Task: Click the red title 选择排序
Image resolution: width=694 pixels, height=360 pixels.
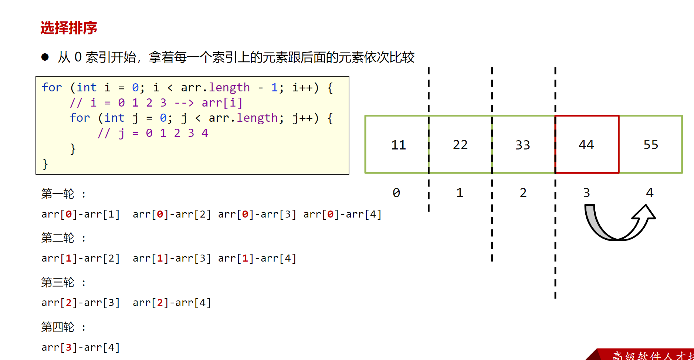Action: point(68,28)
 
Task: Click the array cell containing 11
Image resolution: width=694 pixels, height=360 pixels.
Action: point(398,145)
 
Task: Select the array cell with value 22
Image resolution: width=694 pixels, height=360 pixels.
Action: point(460,145)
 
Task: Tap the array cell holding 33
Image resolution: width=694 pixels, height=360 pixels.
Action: point(523,145)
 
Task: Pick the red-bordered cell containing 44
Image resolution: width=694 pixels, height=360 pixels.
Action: point(586,145)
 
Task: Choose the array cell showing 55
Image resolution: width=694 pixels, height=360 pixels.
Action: point(651,145)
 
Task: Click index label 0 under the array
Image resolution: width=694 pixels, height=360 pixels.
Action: point(396,193)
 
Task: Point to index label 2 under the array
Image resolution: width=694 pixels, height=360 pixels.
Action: point(523,193)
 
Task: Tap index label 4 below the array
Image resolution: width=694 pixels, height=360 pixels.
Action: point(650,193)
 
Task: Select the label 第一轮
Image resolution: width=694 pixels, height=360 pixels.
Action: point(58,194)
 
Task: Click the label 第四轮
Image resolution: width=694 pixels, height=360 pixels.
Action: point(58,327)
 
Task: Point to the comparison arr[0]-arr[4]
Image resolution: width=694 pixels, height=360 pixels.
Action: point(342,214)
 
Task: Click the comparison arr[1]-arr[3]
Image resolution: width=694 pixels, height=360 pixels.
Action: point(172,258)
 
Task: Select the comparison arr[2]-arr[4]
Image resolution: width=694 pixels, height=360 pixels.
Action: point(172,303)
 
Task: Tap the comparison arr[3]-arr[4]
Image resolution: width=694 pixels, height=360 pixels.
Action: point(81,347)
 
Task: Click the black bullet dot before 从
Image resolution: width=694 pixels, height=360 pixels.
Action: point(45,57)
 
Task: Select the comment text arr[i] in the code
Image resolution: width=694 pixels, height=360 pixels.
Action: point(222,102)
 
